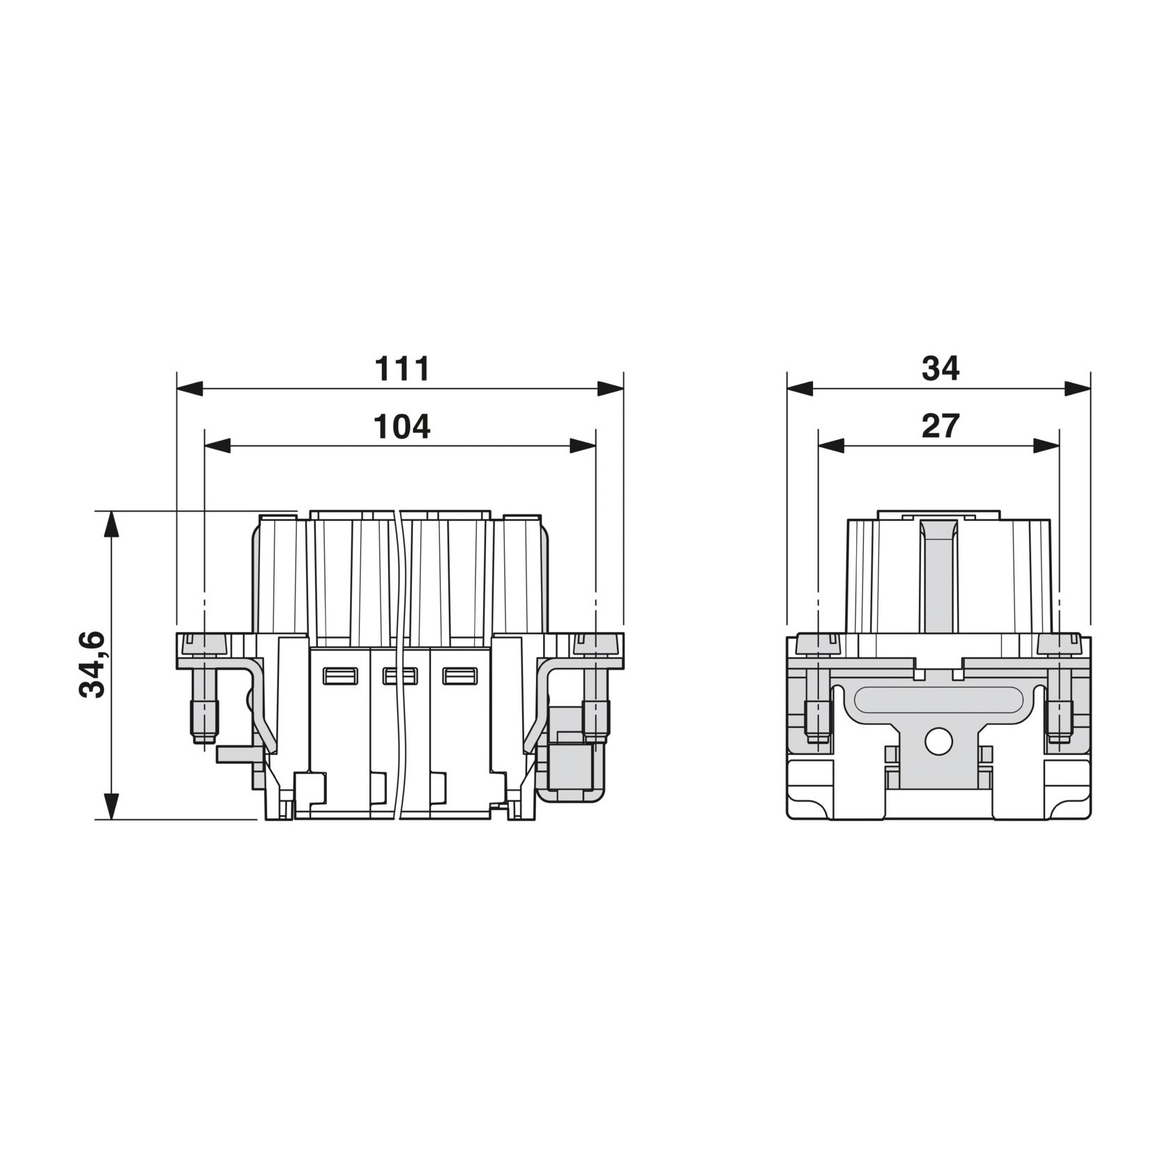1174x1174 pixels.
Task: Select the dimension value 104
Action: pos(402,426)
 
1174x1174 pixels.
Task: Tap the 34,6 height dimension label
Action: pos(92,664)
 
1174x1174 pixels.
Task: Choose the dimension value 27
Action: pos(940,426)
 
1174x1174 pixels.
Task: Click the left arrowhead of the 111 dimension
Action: pos(190,388)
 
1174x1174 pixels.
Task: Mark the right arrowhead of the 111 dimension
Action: pos(611,388)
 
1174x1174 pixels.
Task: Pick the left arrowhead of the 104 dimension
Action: pos(217,446)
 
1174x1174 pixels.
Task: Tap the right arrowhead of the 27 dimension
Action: pos(1046,446)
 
